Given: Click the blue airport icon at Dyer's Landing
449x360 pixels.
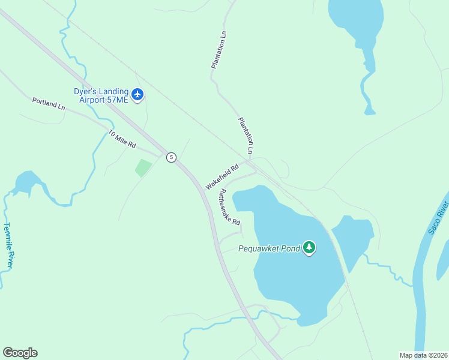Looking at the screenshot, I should pyautogui.click(x=138, y=94).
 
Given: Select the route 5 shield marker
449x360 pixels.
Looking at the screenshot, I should pyautogui.click(x=171, y=157).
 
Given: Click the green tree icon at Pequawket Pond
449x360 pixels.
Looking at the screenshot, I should pyautogui.click(x=309, y=247).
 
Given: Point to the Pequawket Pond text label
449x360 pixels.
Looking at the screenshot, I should pyautogui.click(x=268, y=248).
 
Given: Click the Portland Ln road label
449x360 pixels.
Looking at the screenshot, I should pyautogui.click(x=49, y=104).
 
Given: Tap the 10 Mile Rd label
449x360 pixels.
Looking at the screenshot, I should pyautogui.click(x=122, y=140).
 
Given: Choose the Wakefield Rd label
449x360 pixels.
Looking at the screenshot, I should pyautogui.click(x=222, y=176).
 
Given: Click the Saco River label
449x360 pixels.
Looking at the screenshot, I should pyautogui.click(x=438, y=218).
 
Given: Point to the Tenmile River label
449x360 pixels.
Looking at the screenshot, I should pyautogui.click(x=8, y=245).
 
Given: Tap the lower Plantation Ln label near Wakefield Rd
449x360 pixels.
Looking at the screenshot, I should pyautogui.click(x=246, y=135).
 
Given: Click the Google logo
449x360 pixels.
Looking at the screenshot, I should pyautogui.click(x=20, y=353).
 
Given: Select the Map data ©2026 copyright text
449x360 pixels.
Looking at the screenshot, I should pyautogui.click(x=423, y=355).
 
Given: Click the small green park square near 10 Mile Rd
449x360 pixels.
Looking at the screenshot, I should pyautogui.click(x=143, y=167).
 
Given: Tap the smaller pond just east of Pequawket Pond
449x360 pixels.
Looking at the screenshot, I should pyautogui.click(x=353, y=237).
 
